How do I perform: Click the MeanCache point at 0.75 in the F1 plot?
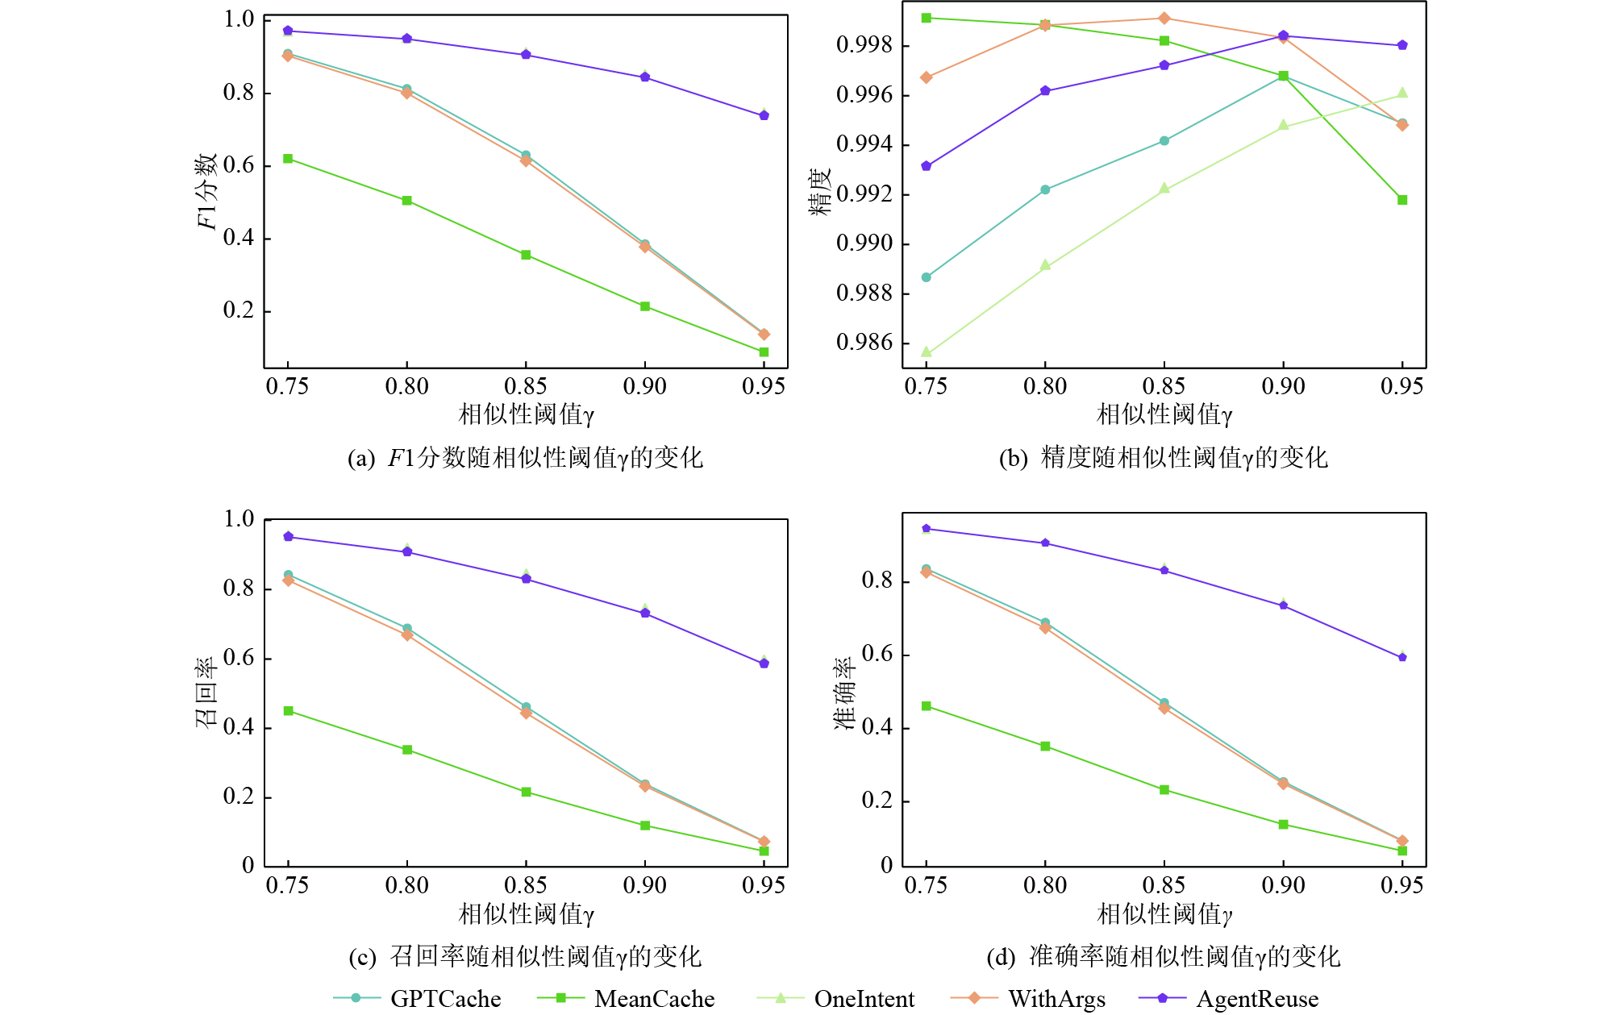[288, 159]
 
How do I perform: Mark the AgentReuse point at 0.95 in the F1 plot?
[764, 116]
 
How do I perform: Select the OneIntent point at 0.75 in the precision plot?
[927, 352]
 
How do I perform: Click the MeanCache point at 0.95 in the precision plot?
[1402, 200]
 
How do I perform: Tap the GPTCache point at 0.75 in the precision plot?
[927, 277]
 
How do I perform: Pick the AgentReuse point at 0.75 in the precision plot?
[927, 166]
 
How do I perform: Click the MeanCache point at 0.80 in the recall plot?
[407, 750]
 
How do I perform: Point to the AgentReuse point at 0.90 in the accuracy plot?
[1284, 605]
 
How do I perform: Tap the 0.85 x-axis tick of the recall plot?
[526, 885]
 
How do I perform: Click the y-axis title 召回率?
[206, 693]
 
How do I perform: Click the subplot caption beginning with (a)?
[525, 458]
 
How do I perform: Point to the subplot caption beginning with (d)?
[1164, 957]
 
